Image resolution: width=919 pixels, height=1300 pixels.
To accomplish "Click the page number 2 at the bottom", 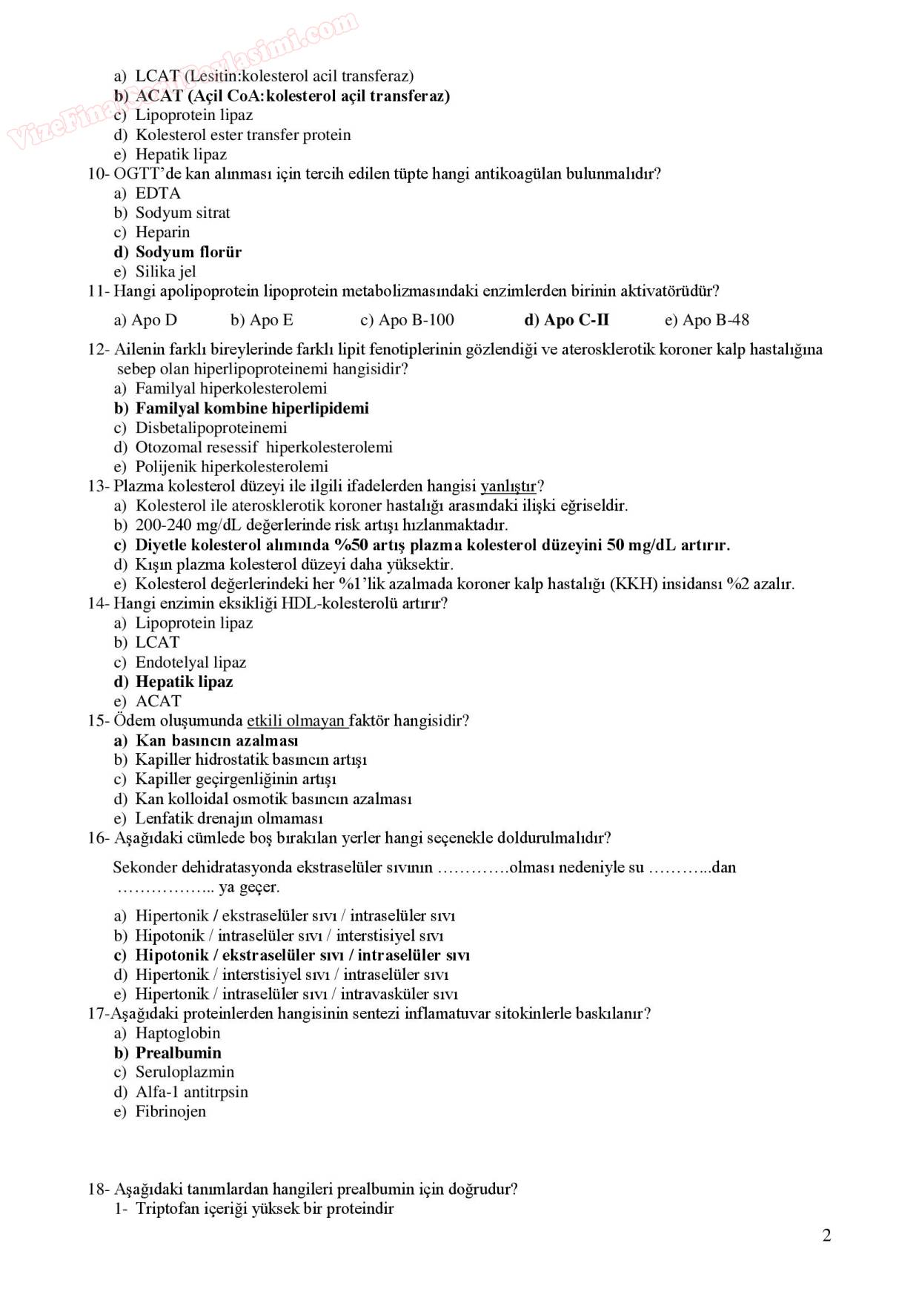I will click(x=826, y=1235).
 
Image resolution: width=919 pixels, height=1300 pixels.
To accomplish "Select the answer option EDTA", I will click(x=158, y=193).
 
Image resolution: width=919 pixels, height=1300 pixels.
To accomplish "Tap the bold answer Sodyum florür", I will click(x=188, y=252).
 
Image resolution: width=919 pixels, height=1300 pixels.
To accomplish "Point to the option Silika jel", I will click(x=165, y=272).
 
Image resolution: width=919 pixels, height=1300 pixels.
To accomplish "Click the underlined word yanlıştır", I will click(x=508, y=486).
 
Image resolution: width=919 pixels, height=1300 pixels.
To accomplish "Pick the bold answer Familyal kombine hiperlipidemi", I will click(x=251, y=408).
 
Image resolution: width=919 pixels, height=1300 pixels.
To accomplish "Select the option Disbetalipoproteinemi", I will click(x=210, y=428).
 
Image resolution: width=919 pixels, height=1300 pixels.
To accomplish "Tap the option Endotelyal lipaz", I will click(x=190, y=663).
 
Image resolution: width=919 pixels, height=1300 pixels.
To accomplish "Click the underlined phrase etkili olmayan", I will click(x=296, y=721).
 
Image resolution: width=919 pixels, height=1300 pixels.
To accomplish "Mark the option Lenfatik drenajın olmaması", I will click(x=229, y=819).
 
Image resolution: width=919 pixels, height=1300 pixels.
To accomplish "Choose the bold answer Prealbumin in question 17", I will click(x=178, y=1053).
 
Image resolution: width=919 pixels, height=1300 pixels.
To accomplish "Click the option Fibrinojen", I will click(x=170, y=1112).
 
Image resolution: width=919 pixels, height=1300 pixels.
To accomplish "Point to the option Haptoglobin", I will click(x=178, y=1033).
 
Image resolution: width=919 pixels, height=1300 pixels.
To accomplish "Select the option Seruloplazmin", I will click(x=185, y=1072).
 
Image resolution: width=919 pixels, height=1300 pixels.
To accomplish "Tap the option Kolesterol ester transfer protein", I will click(x=243, y=135).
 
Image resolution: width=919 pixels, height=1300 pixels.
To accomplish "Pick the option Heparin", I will click(x=162, y=233).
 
